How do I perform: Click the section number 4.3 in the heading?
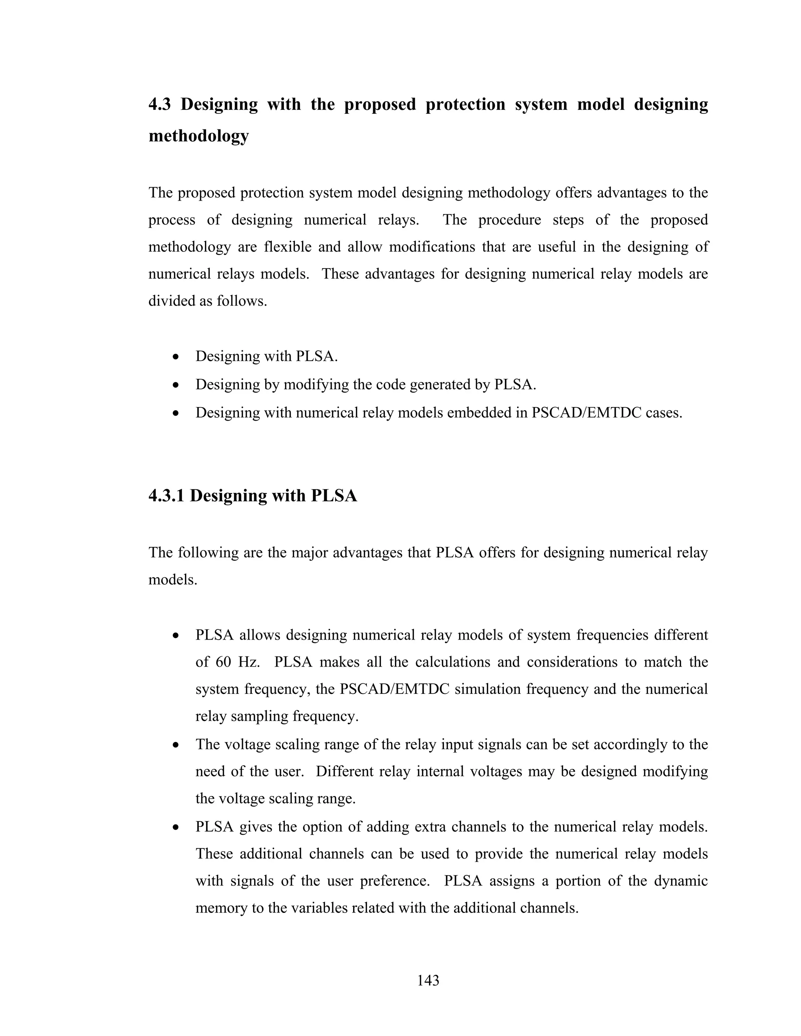160,104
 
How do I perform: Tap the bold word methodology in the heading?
198,136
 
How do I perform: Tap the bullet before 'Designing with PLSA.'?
176,357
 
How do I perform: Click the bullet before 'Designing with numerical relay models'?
176,413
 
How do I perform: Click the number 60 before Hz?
223,662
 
